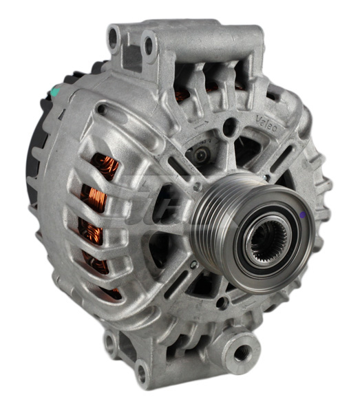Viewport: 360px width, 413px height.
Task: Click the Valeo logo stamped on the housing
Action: tap(267, 124)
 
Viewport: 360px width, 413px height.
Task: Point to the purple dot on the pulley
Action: tap(303, 215)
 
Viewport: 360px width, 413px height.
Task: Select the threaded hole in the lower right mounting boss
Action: tap(242, 354)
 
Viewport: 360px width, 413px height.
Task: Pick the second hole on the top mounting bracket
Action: tap(147, 46)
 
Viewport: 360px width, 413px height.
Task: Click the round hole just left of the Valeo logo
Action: tap(232, 126)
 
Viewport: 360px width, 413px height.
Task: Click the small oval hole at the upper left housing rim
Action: tap(101, 109)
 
